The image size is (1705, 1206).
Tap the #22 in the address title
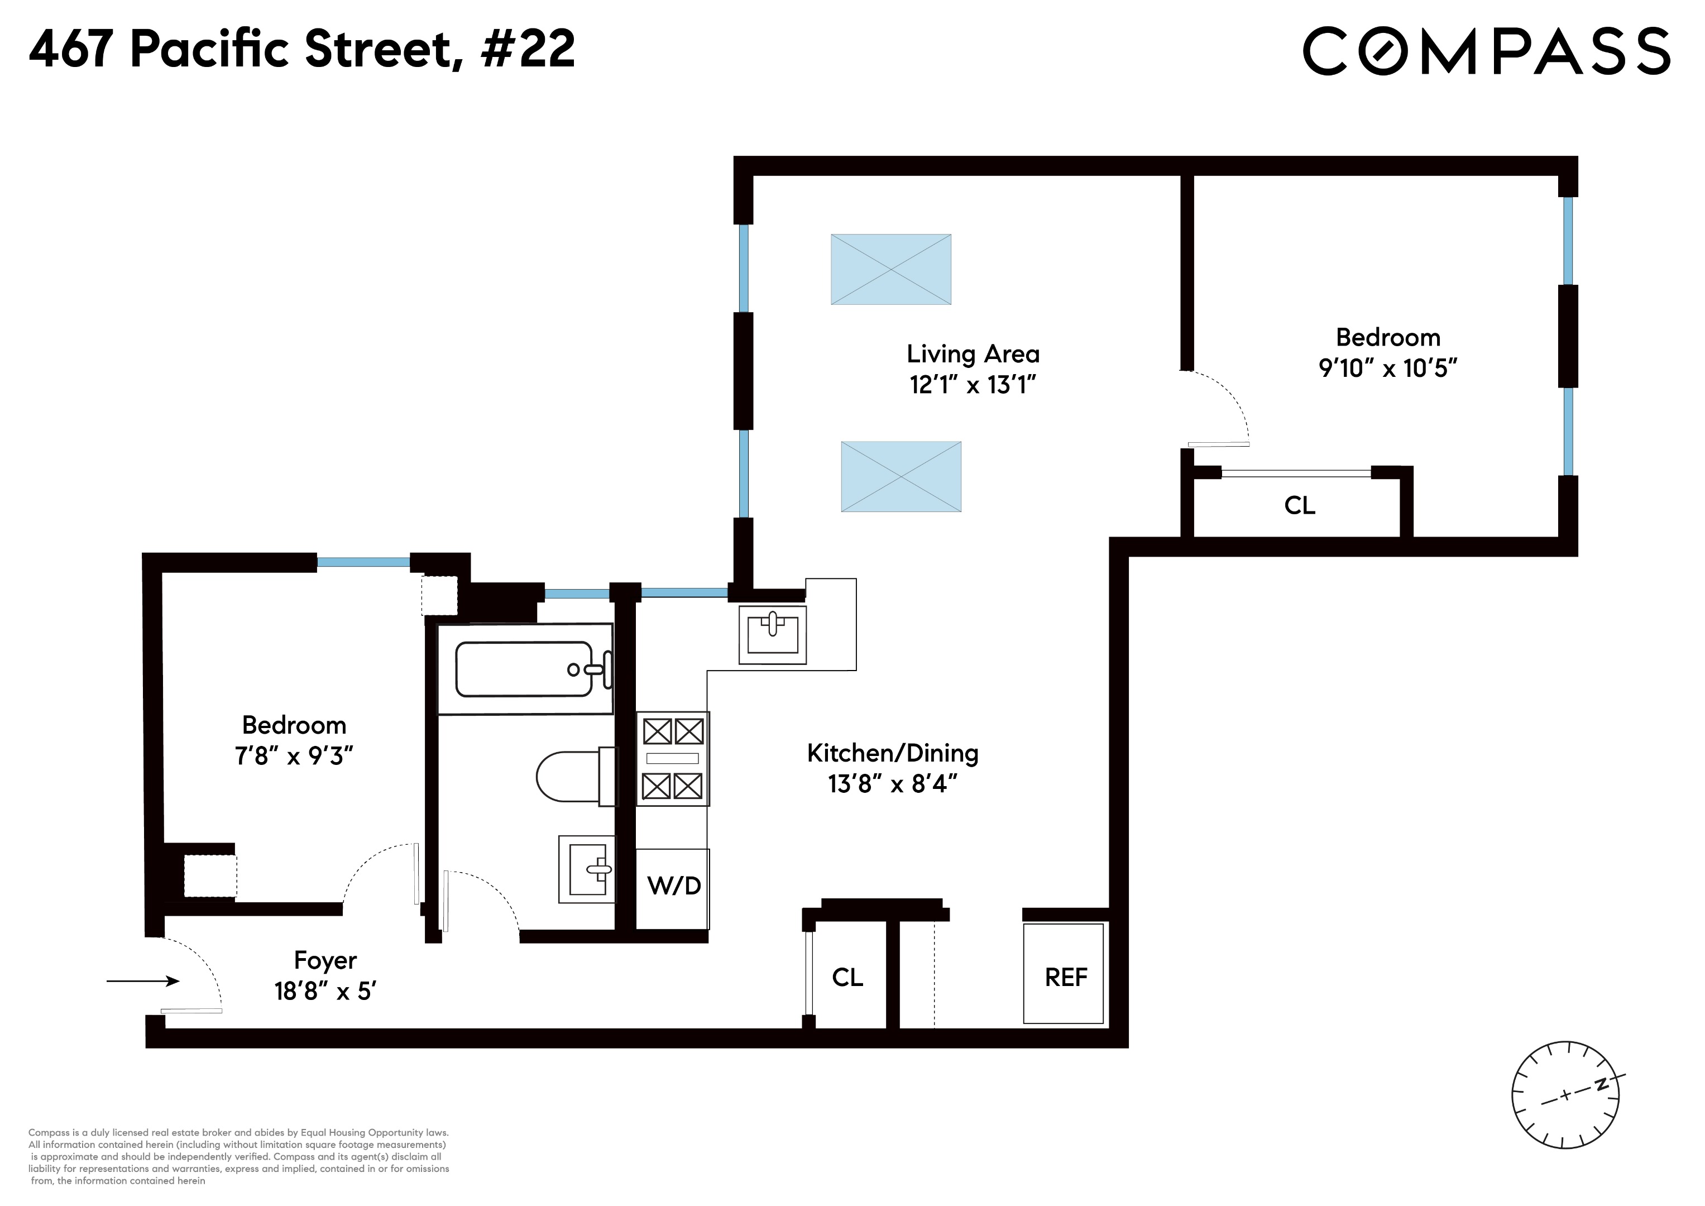(x=528, y=49)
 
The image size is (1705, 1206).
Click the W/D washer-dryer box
(x=673, y=887)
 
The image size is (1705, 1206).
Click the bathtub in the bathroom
(x=524, y=669)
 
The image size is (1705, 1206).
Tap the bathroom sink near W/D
(x=587, y=869)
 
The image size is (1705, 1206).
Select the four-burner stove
(x=673, y=758)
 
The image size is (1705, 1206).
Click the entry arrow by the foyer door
(x=142, y=981)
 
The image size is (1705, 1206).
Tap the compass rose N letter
(x=1602, y=1085)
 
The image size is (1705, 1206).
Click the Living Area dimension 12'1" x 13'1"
(x=972, y=385)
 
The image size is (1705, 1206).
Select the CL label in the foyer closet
(x=847, y=977)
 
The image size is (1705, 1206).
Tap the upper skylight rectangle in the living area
(x=890, y=270)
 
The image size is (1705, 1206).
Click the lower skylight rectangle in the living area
(x=901, y=477)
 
